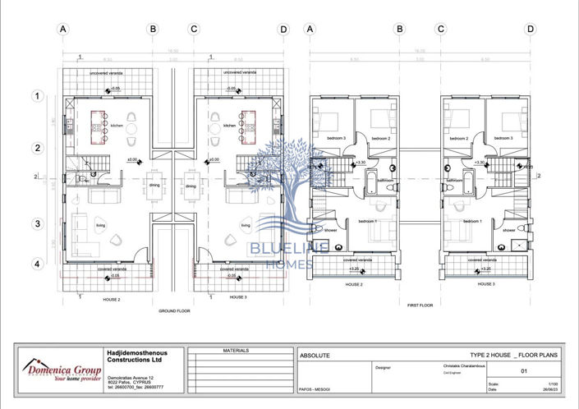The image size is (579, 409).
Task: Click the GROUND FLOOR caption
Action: click(174, 311)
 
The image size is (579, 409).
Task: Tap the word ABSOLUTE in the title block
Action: click(315, 356)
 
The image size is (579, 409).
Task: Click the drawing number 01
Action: click(523, 370)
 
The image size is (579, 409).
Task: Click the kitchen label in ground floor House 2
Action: click(117, 126)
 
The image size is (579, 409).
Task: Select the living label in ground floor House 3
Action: click(245, 225)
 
